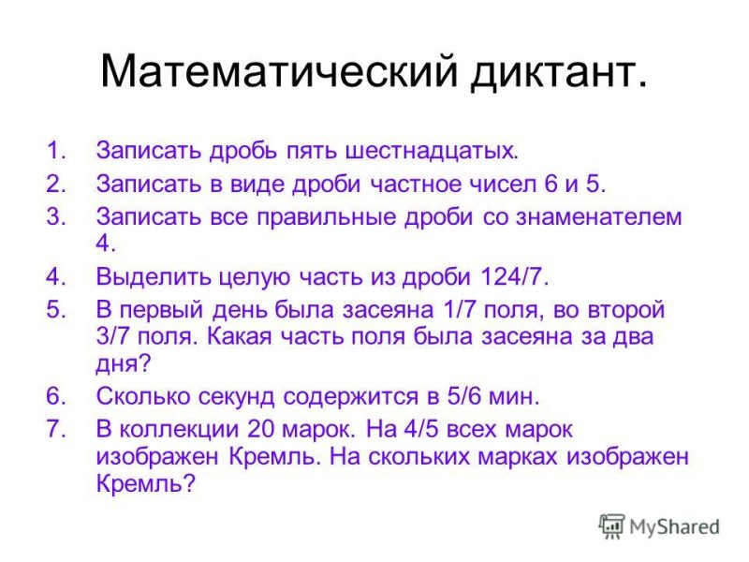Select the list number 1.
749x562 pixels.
coord(55,150)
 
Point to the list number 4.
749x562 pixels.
coord(55,276)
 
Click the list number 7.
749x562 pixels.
coord(55,428)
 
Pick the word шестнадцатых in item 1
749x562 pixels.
coord(432,151)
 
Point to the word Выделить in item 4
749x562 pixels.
coord(146,276)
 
